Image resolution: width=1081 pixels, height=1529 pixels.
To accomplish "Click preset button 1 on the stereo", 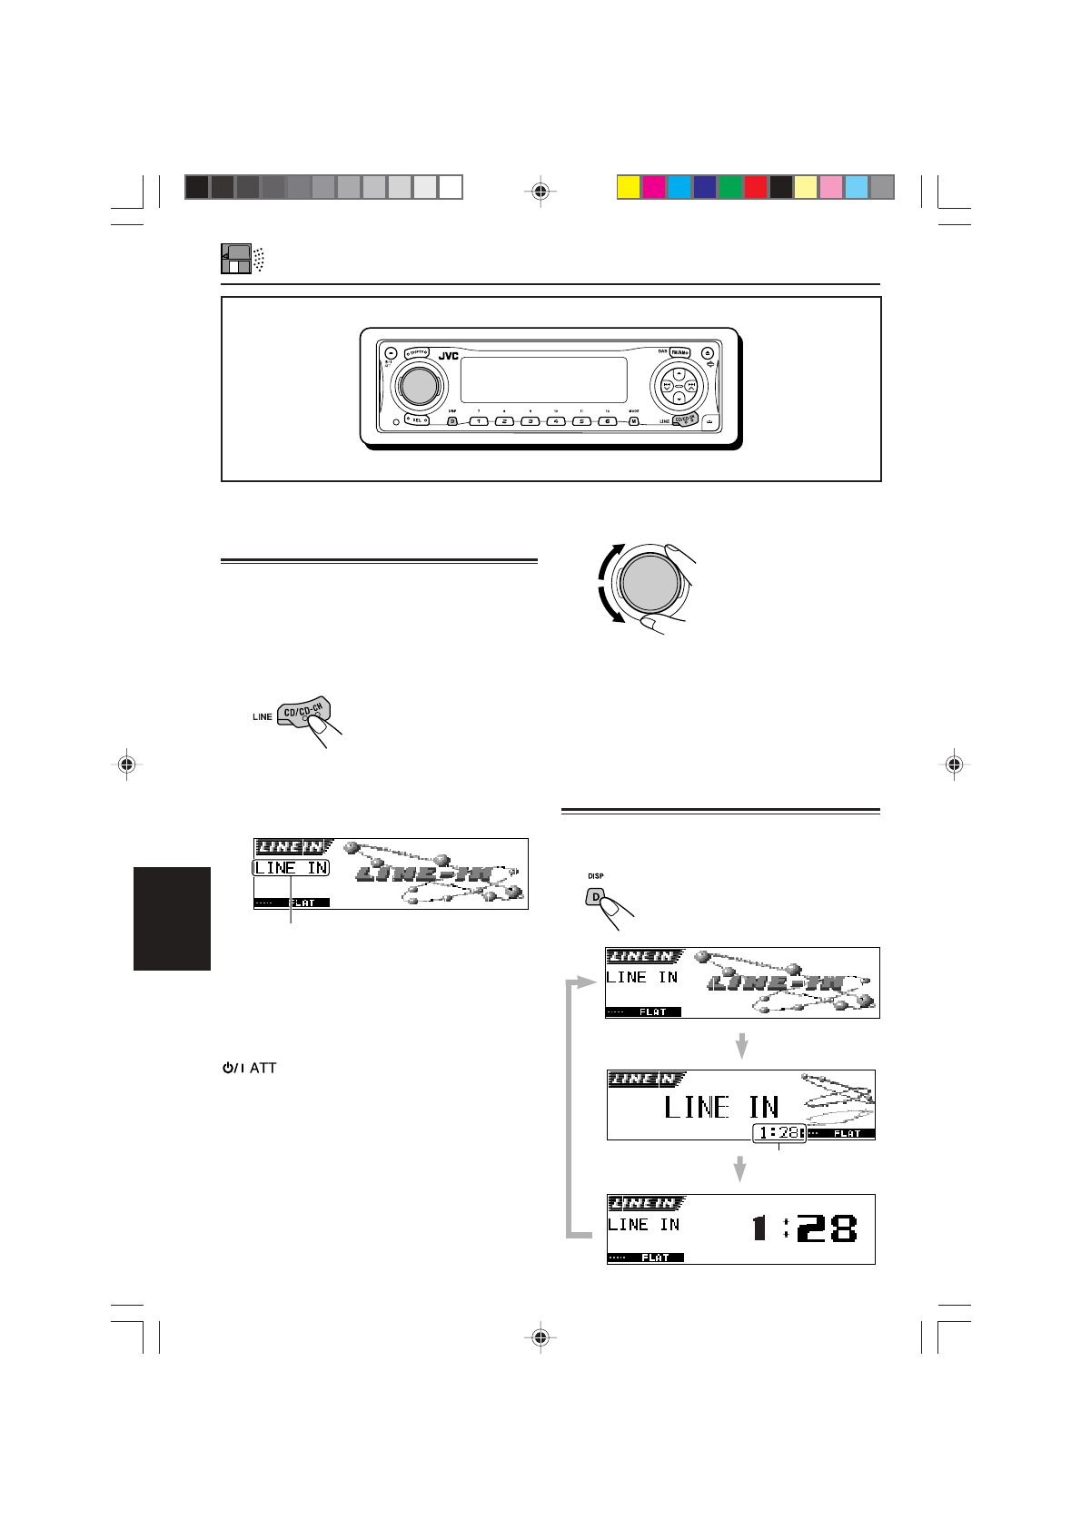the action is tap(479, 421).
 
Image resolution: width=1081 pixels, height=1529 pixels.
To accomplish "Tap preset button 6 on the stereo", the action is tap(607, 421).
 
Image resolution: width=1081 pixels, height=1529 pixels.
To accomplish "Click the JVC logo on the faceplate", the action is tap(449, 356).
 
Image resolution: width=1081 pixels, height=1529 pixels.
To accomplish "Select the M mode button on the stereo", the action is tap(633, 421).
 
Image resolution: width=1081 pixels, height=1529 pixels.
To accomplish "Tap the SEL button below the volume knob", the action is tap(418, 419).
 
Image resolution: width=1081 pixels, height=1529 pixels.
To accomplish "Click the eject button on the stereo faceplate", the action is tap(706, 352).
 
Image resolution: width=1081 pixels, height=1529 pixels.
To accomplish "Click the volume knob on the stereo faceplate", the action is tap(417, 386).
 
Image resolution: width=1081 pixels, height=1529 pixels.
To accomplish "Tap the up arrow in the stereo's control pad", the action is tap(679, 371).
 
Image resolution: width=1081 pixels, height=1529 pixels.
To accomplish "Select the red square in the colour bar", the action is tap(755, 187).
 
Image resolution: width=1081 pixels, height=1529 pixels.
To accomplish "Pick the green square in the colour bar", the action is tap(729, 187).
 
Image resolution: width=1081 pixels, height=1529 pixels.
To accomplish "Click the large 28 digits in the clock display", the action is tap(827, 1229).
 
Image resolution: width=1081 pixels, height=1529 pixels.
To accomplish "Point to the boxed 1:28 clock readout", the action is tap(779, 1133).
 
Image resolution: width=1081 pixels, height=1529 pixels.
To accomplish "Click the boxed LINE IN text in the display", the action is tap(291, 868).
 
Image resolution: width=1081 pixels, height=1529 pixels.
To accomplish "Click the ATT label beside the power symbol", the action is tap(263, 1068).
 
